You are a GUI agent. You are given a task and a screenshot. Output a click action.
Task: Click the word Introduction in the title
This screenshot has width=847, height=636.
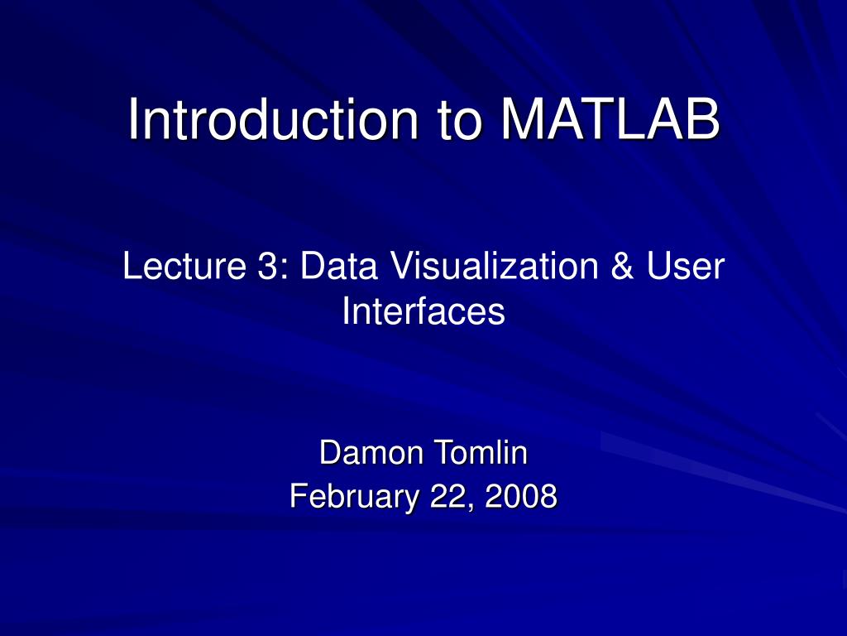pos(273,119)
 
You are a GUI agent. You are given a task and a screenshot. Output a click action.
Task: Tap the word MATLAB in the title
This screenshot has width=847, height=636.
pos(610,119)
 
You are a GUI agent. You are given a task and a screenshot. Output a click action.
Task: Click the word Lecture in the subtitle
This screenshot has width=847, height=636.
pos(184,266)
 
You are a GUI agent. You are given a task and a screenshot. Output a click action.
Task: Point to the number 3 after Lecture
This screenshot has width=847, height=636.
pos(266,266)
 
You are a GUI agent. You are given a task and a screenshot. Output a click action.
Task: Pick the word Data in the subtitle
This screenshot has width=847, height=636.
pos(338,266)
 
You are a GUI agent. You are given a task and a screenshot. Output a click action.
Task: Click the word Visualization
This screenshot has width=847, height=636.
pos(495,266)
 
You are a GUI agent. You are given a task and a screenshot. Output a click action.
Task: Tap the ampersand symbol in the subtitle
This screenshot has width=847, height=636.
pos(622,266)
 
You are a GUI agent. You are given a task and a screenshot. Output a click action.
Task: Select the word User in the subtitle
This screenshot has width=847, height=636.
pos(685,266)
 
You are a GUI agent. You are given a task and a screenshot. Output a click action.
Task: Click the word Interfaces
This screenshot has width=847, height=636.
pos(423,311)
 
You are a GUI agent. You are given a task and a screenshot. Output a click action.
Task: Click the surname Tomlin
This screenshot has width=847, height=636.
pos(481,453)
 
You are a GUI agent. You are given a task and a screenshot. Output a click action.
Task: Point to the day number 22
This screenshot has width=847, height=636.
pos(447,496)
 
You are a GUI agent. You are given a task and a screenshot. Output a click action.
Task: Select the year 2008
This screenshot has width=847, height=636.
pos(521,496)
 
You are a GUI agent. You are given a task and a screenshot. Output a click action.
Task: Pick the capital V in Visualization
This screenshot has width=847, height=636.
pos(403,266)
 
